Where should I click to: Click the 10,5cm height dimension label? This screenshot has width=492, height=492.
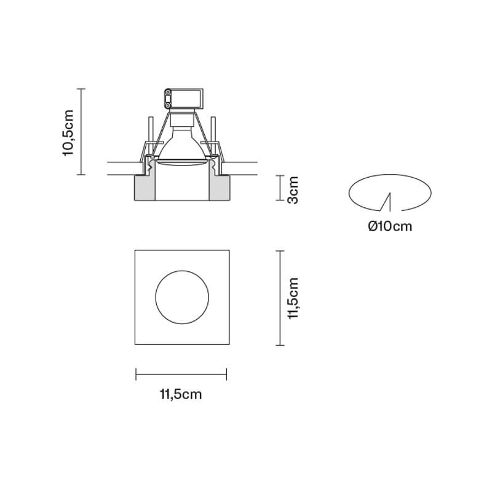click(68, 133)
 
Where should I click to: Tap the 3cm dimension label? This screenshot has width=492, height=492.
click(293, 190)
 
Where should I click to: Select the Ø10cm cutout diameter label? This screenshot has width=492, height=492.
click(390, 226)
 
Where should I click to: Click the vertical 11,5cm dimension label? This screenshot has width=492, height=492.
click(293, 298)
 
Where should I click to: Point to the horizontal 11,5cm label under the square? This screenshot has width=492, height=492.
click(181, 394)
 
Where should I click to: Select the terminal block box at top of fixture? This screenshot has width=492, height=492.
click(184, 98)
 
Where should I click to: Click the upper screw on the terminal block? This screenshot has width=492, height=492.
click(168, 92)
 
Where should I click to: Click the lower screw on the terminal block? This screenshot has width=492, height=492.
click(168, 105)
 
